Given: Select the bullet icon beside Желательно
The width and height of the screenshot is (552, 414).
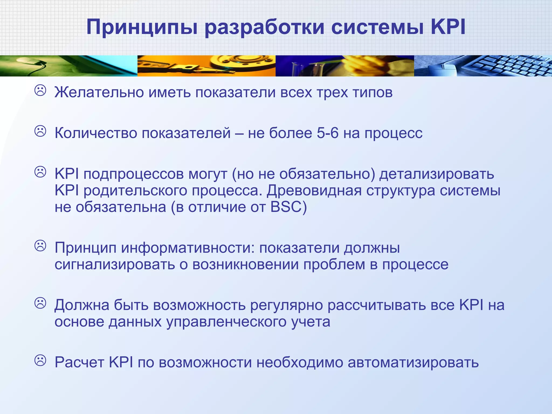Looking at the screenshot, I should click(x=40, y=91).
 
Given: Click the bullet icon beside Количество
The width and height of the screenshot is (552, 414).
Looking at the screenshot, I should click(x=40, y=131).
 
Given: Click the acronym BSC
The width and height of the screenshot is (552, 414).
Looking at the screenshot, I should click(x=288, y=207).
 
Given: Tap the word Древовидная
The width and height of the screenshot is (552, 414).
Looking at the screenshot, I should click(x=314, y=191).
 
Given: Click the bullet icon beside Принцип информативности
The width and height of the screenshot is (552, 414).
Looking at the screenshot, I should click(x=40, y=246).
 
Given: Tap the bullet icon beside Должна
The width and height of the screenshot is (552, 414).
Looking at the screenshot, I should click(x=40, y=303).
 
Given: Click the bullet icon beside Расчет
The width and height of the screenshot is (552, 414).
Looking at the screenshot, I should click(x=40, y=360).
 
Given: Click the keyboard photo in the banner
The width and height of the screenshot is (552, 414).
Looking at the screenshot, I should click(x=483, y=66).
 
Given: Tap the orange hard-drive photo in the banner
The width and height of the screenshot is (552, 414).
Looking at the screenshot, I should click(x=206, y=66).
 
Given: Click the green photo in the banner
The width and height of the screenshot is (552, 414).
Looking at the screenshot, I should click(x=68, y=66).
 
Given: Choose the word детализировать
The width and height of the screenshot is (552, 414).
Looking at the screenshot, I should click(x=437, y=174).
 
